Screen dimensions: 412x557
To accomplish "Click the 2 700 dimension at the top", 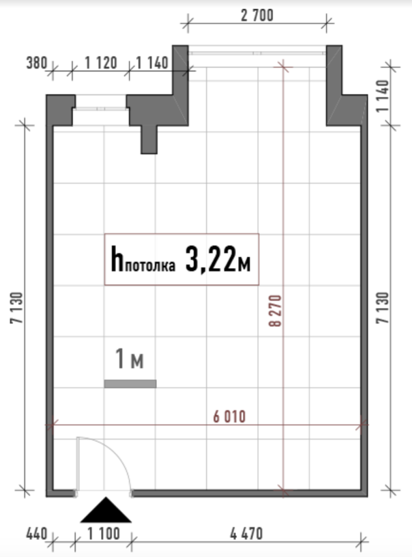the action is tap(257, 16).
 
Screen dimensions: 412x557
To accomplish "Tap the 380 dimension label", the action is tap(37, 63).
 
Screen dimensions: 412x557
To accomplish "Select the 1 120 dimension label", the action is tap(101, 63).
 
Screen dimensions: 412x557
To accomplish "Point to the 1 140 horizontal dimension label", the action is tap(152, 63).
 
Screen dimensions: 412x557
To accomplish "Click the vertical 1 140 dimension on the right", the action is tap(383, 96).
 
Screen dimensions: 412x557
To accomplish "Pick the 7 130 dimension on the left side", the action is tap(16, 307).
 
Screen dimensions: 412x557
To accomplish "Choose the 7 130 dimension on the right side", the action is tap(383, 307).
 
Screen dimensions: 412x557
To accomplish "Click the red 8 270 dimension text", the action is tap(276, 310).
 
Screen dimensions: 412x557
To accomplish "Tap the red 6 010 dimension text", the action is tap(229, 417).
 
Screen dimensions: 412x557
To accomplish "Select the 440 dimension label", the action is tap(37, 534).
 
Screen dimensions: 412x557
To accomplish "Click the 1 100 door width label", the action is tap(104, 534).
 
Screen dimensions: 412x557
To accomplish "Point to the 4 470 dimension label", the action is tap(246, 534).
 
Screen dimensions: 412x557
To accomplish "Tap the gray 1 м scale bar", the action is tap(130, 384).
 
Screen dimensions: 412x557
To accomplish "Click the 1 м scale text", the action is tap(130, 359).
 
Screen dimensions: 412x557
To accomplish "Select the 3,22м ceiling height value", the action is tap(218, 259).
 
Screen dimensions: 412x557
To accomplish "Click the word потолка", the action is tap(150, 266).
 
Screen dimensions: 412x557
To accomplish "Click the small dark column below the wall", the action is tap(149, 140).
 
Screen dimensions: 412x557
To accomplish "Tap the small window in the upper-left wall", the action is tap(101, 109).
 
